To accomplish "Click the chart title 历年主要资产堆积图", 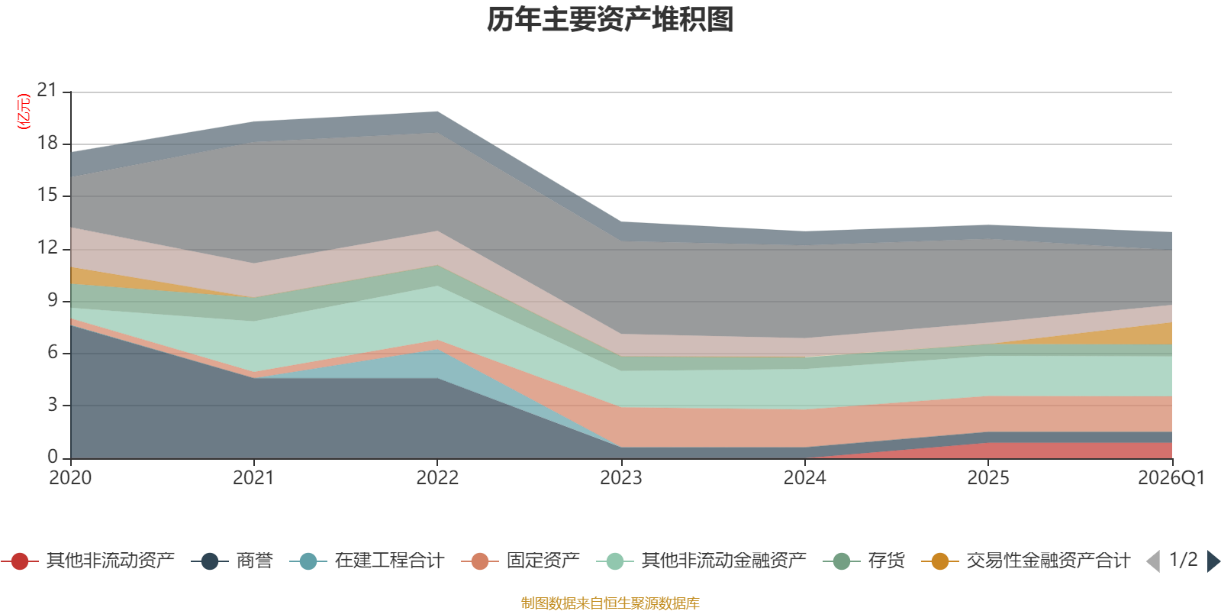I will [x=610, y=20].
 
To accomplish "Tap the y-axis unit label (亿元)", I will [x=24, y=112].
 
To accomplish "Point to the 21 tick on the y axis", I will [x=47, y=91].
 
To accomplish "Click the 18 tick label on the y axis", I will [x=47, y=143].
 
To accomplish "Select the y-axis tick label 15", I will [x=47, y=195].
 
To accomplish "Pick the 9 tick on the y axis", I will [x=52, y=300].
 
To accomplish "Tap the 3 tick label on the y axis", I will [x=52, y=405].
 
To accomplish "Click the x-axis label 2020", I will [x=70, y=478].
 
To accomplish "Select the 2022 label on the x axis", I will [x=437, y=478].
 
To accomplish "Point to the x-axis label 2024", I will [x=804, y=478].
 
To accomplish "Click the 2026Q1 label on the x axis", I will [x=1171, y=478].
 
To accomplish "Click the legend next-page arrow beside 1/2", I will [x=1213, y=561].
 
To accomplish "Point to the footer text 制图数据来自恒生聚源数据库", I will [x=610, y=603].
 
